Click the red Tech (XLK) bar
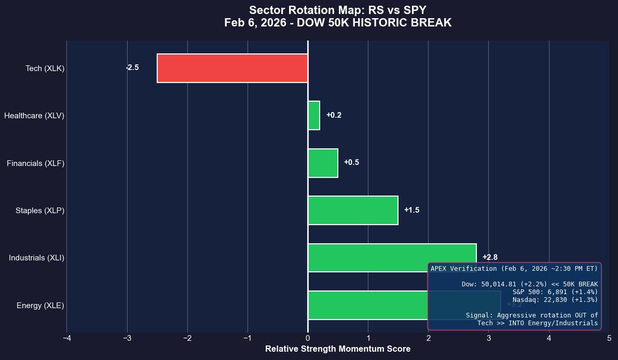[232, 68]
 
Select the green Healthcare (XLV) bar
[314, 115]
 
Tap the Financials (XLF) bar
[323, 163]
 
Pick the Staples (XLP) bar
[353, 210]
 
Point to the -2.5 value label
[132, 67]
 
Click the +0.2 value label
[334, 115]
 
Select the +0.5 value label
[351, 162]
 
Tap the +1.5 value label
[411, 210]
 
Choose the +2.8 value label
[490, 257]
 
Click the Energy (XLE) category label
[40, 306]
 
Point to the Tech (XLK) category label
[45, 68]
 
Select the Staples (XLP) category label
[40, 211]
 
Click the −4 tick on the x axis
[66, 339]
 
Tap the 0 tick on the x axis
[308, 339]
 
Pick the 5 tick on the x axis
[609, 339]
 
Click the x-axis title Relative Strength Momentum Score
[338, 349]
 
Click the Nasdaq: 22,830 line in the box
[555, 300]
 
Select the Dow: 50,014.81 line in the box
[529, 284]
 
